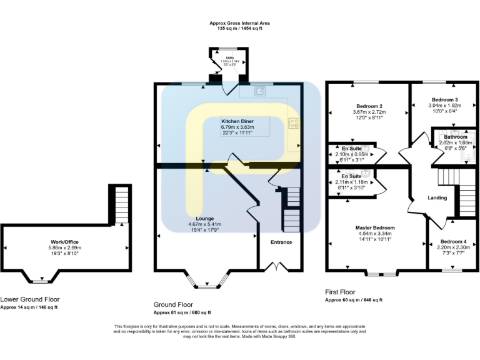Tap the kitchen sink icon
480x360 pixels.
point(259,91)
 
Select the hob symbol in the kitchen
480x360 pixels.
point(293,123)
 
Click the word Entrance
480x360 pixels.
point(281,242)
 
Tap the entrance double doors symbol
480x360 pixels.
point(272,267)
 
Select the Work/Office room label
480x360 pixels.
point(66,241)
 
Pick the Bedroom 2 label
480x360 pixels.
point(369,106)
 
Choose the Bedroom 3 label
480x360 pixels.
point(444,99)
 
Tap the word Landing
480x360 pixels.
point(437,198)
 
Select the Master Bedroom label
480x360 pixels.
point(375,227)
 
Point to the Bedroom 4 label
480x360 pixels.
point(453,241)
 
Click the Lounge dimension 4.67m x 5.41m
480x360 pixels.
point(205,224)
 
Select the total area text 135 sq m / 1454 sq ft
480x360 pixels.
point(240,29)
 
